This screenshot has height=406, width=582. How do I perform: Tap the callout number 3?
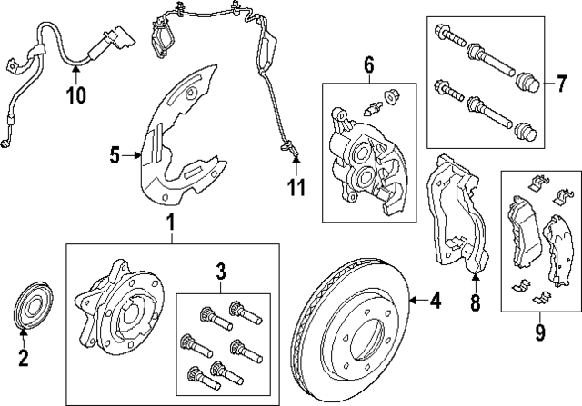220,271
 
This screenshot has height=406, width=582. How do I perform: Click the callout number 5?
115,155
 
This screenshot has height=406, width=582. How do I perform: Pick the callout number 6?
368,64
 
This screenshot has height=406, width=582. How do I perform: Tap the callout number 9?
539,333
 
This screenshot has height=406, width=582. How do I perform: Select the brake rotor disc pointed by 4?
349,318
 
